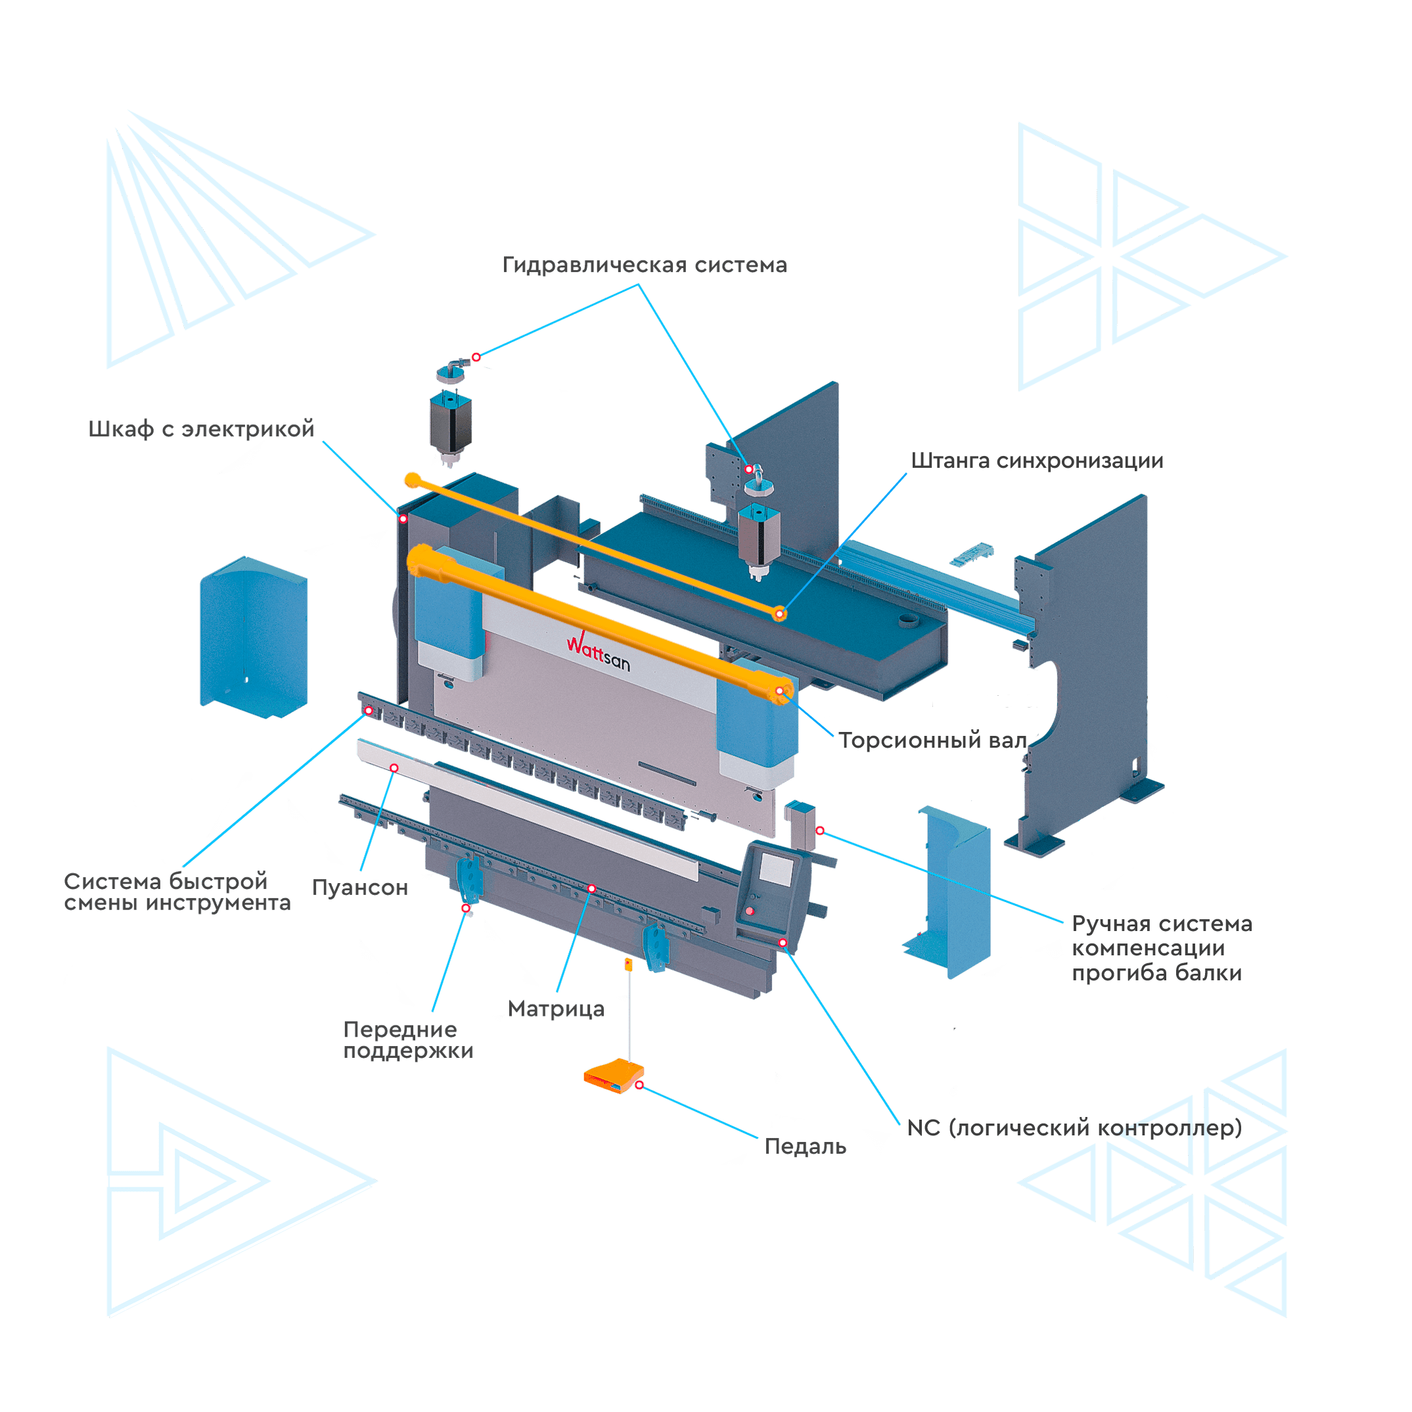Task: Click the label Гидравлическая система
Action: pyautogui.click(x=644, y=265)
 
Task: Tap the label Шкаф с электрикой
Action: pyautogui.click(x=201, y=428)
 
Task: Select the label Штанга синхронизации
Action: pyautogui.click(x=1036, y=461)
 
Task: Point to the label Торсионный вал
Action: pyautogui.click(x=932, y=740)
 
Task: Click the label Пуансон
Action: pyautogui.click(x=359, y=887)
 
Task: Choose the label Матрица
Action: pyautogui.click(x=555, y=1009)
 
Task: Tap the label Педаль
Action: pyautogui.click(x=806, y=1147)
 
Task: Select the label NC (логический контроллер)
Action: pyautogui.click(x=1074, y=1127)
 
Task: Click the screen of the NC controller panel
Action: pyautogui.click(x=775, y=868)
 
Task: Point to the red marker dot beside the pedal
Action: pyautogui.click(x=639, y=1086)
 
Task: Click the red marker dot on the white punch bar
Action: pyautogui.click(x=394, y=767)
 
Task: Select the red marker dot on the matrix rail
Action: pyautogui.click(x=592, y=889)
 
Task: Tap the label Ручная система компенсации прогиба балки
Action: pyautogui.click(x=1160, y=949)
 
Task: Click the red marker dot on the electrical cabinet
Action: pyautogui.click(x=403, y=519)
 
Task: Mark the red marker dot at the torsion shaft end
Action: pyautogui.click(x=780, y=691)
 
